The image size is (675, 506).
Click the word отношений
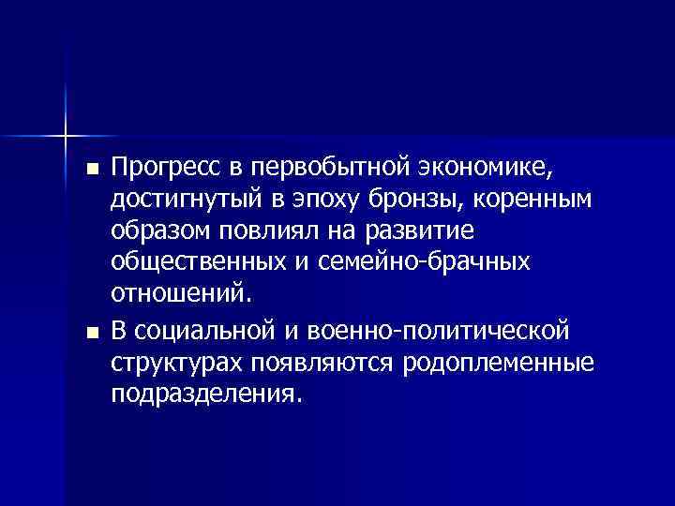(178, 295)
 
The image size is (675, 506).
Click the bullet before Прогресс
(91, 171)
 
